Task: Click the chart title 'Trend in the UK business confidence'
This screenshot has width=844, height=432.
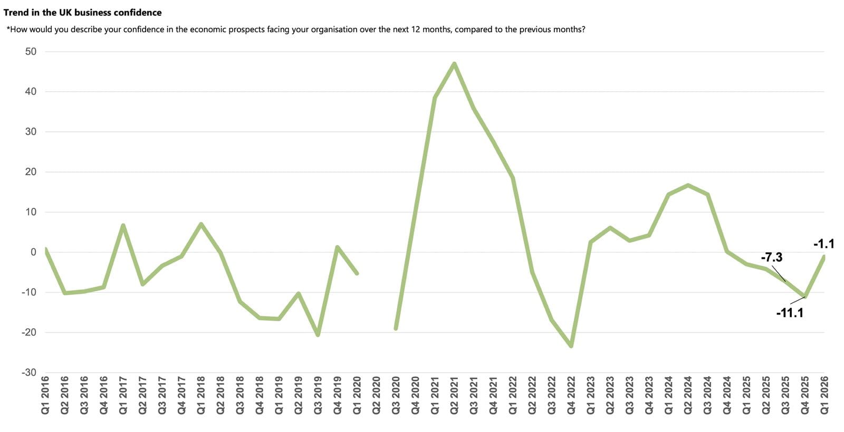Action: (x=83, y=12)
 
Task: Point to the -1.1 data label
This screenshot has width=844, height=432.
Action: (x=823, y=244)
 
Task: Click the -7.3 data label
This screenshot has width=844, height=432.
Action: (x=771, y=257)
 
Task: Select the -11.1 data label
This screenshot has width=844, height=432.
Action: (x=789, y=313)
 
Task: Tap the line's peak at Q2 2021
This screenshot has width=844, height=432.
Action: (x=454, y=64)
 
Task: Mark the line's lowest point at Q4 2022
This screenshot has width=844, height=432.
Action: (x=571, y=346)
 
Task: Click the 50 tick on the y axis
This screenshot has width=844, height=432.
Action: (x=31, y=52)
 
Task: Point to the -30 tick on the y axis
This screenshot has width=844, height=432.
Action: (x=29, y=372)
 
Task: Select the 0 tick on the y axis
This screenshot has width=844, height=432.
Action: (x=33, y=252)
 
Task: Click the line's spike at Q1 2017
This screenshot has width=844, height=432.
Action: (x=123, y=226)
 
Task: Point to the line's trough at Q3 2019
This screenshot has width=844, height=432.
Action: (x=318, y=334)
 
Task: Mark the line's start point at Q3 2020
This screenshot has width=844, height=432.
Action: (x=396, y=329)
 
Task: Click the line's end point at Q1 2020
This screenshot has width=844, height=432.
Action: (x=357, y=273)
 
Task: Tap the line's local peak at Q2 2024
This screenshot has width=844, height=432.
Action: (x=688, y=185)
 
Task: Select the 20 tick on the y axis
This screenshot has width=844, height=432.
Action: (x=31, y=172)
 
